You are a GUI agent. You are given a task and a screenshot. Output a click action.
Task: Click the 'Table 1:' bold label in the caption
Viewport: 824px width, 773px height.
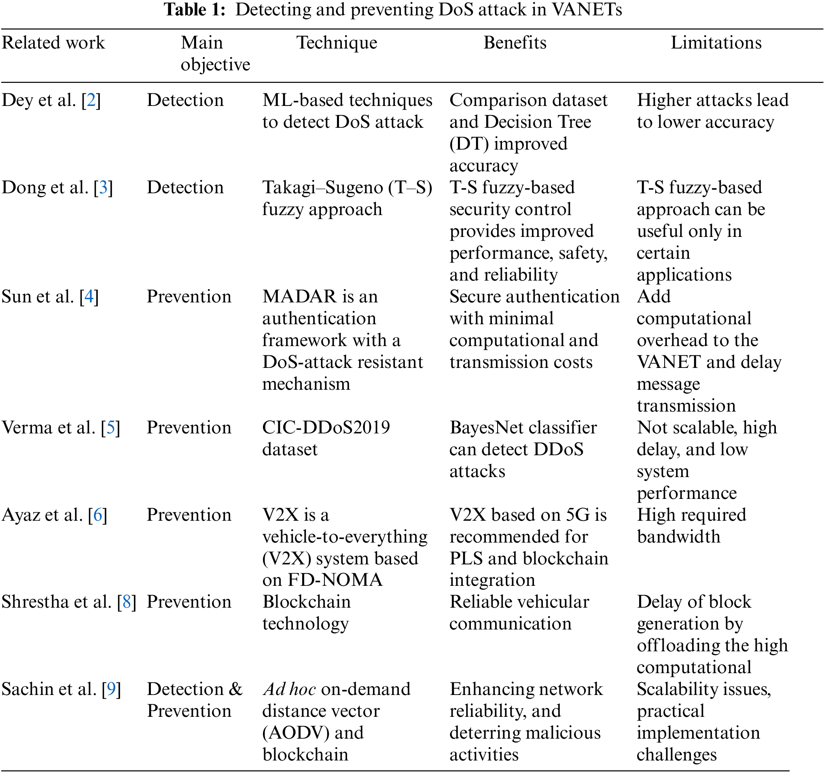195,10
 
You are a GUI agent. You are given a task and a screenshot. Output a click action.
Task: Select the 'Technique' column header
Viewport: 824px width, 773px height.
337,43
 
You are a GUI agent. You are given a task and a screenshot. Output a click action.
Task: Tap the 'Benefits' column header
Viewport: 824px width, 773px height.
515,43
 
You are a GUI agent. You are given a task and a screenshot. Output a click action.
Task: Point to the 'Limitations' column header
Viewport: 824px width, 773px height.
716,43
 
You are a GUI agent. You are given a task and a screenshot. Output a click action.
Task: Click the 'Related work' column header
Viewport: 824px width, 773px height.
53,43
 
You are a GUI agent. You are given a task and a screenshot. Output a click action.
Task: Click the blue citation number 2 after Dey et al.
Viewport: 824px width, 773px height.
91,100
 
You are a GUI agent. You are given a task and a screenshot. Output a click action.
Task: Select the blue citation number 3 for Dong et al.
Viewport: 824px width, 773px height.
103,188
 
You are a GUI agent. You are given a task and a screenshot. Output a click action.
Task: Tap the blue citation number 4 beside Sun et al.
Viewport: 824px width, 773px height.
89,297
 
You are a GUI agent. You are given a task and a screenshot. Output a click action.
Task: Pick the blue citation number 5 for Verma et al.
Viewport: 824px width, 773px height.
111,427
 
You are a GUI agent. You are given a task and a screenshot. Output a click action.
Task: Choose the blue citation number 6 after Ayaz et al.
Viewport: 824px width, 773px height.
98,515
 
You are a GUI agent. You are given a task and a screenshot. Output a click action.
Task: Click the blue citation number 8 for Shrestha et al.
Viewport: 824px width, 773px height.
127,602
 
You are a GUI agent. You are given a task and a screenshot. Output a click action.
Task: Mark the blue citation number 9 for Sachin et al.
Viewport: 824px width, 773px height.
112,689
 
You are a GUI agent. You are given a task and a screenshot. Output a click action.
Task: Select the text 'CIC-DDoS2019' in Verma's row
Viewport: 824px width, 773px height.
326,427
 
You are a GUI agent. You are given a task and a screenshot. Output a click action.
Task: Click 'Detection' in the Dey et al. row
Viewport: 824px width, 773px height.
185,100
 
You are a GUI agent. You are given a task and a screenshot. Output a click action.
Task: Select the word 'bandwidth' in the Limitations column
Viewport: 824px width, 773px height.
678,537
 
